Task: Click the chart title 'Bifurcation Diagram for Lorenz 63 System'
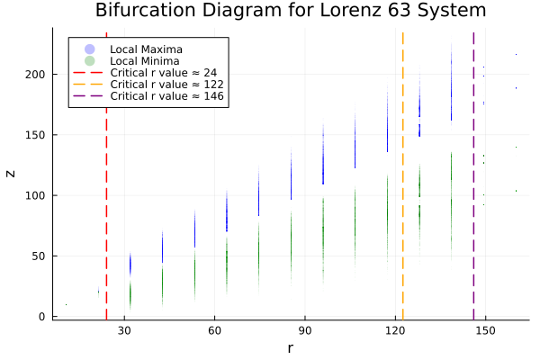pos(290,12)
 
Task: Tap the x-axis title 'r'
pos(290,348)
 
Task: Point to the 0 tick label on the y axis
pos(42,317)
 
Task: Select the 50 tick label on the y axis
pos(39,256)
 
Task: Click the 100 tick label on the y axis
pos(36,195)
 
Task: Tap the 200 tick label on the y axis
pos(36,74)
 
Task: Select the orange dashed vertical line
pos(402,225)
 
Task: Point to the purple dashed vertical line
pos(473,225)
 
